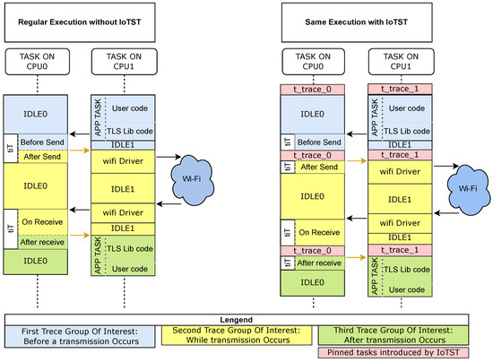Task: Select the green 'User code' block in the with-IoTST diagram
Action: [x=406, y=289]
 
